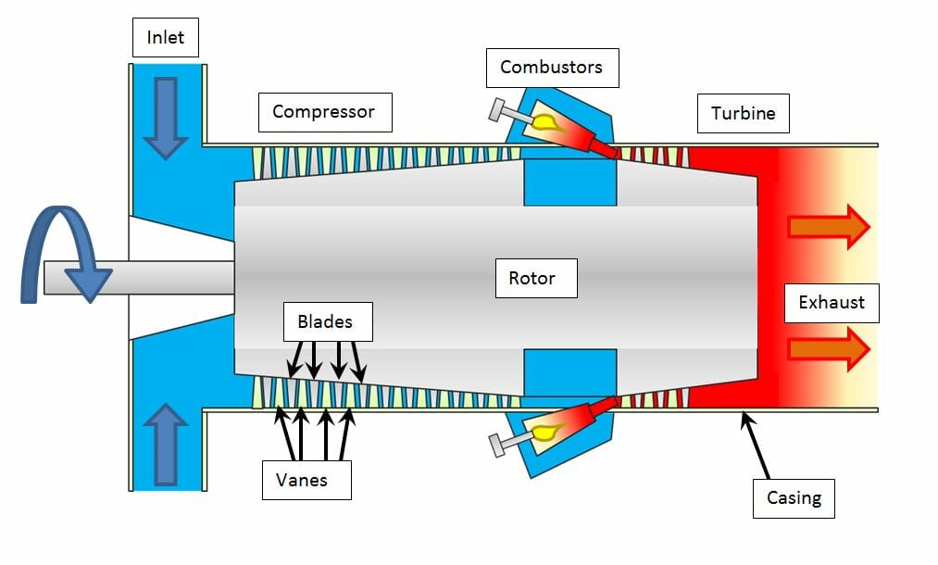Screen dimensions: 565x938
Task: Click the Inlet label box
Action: (165, 38)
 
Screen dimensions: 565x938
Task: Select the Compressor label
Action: (323, 112)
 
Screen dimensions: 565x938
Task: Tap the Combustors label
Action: (551, 68)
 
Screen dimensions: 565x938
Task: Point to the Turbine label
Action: (743, 114)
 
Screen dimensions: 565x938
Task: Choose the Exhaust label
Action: (831, 302)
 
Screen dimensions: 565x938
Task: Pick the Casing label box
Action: (793, 498)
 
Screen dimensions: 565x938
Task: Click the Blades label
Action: (324, 322)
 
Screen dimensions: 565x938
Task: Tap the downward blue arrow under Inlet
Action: (165, 117)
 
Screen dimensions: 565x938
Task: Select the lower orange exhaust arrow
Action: (828, 347)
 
